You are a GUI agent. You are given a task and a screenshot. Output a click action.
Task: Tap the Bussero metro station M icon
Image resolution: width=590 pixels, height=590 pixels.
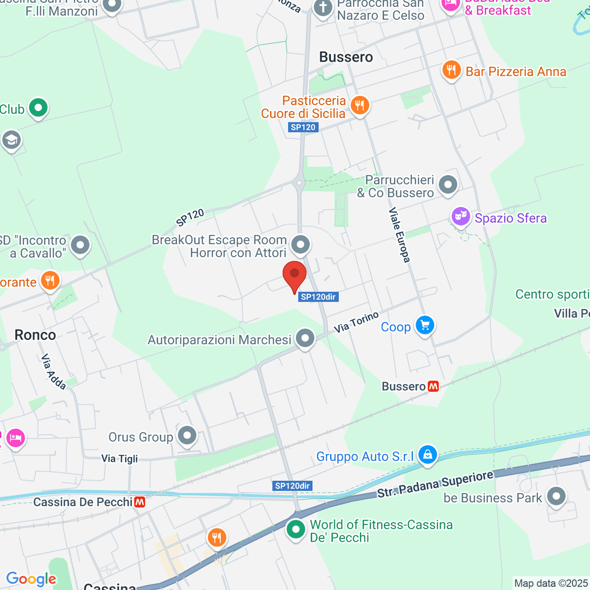point(433,386)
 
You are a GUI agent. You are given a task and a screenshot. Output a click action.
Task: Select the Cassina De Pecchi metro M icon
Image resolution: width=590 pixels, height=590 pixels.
point(140,502)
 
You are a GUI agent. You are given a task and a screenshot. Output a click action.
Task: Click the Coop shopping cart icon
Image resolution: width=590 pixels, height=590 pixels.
point(425,325)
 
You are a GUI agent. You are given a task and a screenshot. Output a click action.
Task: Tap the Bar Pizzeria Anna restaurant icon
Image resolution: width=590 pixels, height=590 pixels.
point(451,70)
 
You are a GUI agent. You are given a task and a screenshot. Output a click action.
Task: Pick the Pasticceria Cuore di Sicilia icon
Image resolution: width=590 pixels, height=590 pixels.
point(360,105)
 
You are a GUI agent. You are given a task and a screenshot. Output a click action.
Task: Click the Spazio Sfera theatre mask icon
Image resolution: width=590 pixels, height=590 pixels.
point(461,216)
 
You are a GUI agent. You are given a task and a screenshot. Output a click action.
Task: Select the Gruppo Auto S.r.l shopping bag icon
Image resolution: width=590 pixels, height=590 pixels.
point(428,455)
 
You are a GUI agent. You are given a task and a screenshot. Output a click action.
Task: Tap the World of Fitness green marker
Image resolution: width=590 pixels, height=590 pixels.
point(295,530)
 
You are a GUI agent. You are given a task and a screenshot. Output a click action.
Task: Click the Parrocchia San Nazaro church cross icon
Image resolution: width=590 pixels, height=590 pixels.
point(323,8)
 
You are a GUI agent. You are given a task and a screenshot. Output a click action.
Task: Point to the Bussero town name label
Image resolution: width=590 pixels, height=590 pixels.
point(346,57)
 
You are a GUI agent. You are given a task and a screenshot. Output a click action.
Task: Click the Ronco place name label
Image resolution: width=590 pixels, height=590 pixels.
point(35,335)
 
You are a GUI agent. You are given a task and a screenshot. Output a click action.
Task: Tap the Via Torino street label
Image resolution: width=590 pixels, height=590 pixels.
point(356,322)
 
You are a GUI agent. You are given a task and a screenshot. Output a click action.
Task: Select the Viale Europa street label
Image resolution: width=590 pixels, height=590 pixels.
point(399,235)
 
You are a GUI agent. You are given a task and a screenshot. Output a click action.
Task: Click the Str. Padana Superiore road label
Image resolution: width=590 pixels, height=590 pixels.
point(435,484)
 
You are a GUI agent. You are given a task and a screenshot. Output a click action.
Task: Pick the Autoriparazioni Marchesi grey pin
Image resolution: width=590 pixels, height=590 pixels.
point(305,338)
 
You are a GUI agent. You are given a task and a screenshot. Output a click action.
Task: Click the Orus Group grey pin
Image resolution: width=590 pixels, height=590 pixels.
point(187,435)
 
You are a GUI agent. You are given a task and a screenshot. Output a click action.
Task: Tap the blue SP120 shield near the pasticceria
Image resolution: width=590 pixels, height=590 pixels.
point(303,127)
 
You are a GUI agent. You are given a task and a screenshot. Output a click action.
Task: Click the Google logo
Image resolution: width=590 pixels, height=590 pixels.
point(31,579)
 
